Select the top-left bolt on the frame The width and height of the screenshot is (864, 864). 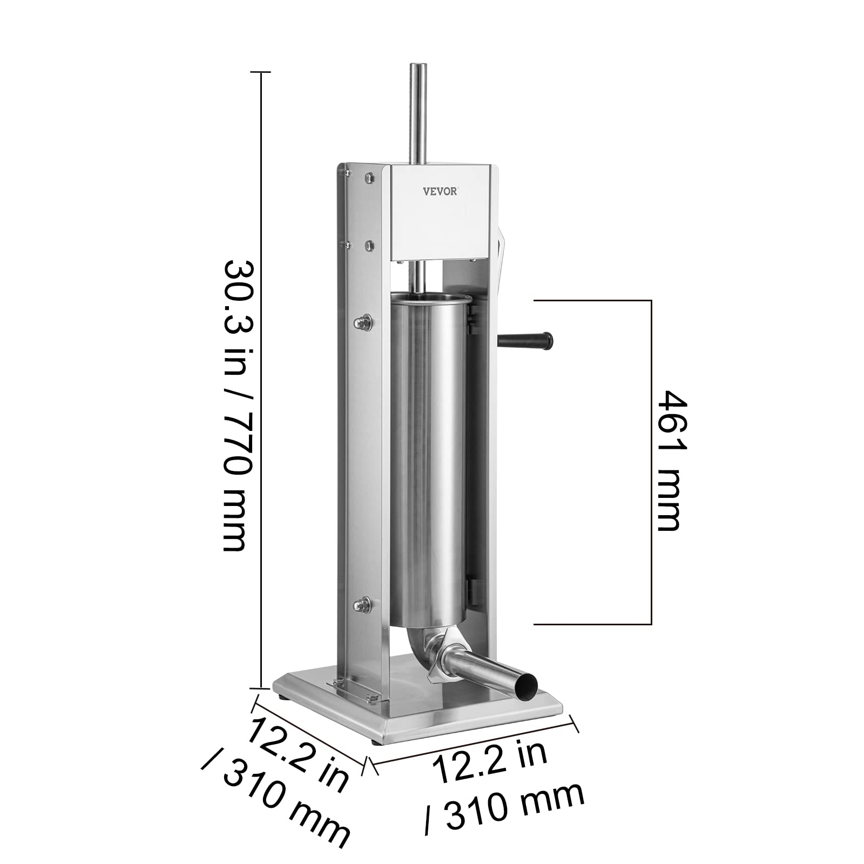click(x=369, y=177)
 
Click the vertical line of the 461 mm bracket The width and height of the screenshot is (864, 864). click(x=651, y=462)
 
